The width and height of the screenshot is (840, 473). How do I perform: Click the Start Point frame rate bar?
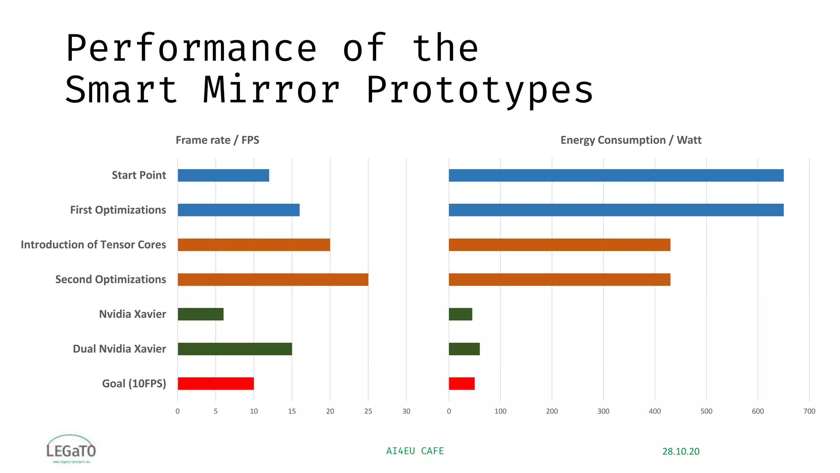click(223, 175)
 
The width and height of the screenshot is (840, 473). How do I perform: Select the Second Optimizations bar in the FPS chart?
click(273, 280)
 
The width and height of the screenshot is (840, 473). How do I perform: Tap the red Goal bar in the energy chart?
click(461, 383)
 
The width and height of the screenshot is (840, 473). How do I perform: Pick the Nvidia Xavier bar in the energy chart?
click(460, 314)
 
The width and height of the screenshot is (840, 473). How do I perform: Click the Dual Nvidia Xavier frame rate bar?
click(235, 349)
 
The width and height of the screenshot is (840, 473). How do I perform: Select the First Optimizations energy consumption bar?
click(616, 210)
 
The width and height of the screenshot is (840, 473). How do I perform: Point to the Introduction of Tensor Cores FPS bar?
click(253, 245)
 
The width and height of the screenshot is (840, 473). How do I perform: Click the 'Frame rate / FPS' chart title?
click(217, 140)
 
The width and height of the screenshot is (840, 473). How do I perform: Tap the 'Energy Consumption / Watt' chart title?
click(630, 140)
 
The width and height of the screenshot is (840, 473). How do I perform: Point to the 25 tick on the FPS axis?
click(368, 411)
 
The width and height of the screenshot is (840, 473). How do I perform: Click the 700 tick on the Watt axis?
click(809, 411)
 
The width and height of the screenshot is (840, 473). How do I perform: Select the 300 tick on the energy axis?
click(603, 411)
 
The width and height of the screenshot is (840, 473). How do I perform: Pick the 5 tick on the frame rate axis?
click(216, 411)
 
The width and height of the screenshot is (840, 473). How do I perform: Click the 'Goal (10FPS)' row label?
click(134, 383)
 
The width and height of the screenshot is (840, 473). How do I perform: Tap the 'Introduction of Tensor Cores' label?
click(94, 245)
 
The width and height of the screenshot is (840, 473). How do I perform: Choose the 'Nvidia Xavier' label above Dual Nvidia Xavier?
click(132, 314)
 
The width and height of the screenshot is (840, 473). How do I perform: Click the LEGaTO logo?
click(71, 449)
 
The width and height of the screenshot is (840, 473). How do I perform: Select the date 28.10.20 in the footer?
click(680, 451)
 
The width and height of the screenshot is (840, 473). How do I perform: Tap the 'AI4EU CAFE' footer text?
click(415, 451)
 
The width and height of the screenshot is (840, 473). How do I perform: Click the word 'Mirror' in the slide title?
click(272, 90)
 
